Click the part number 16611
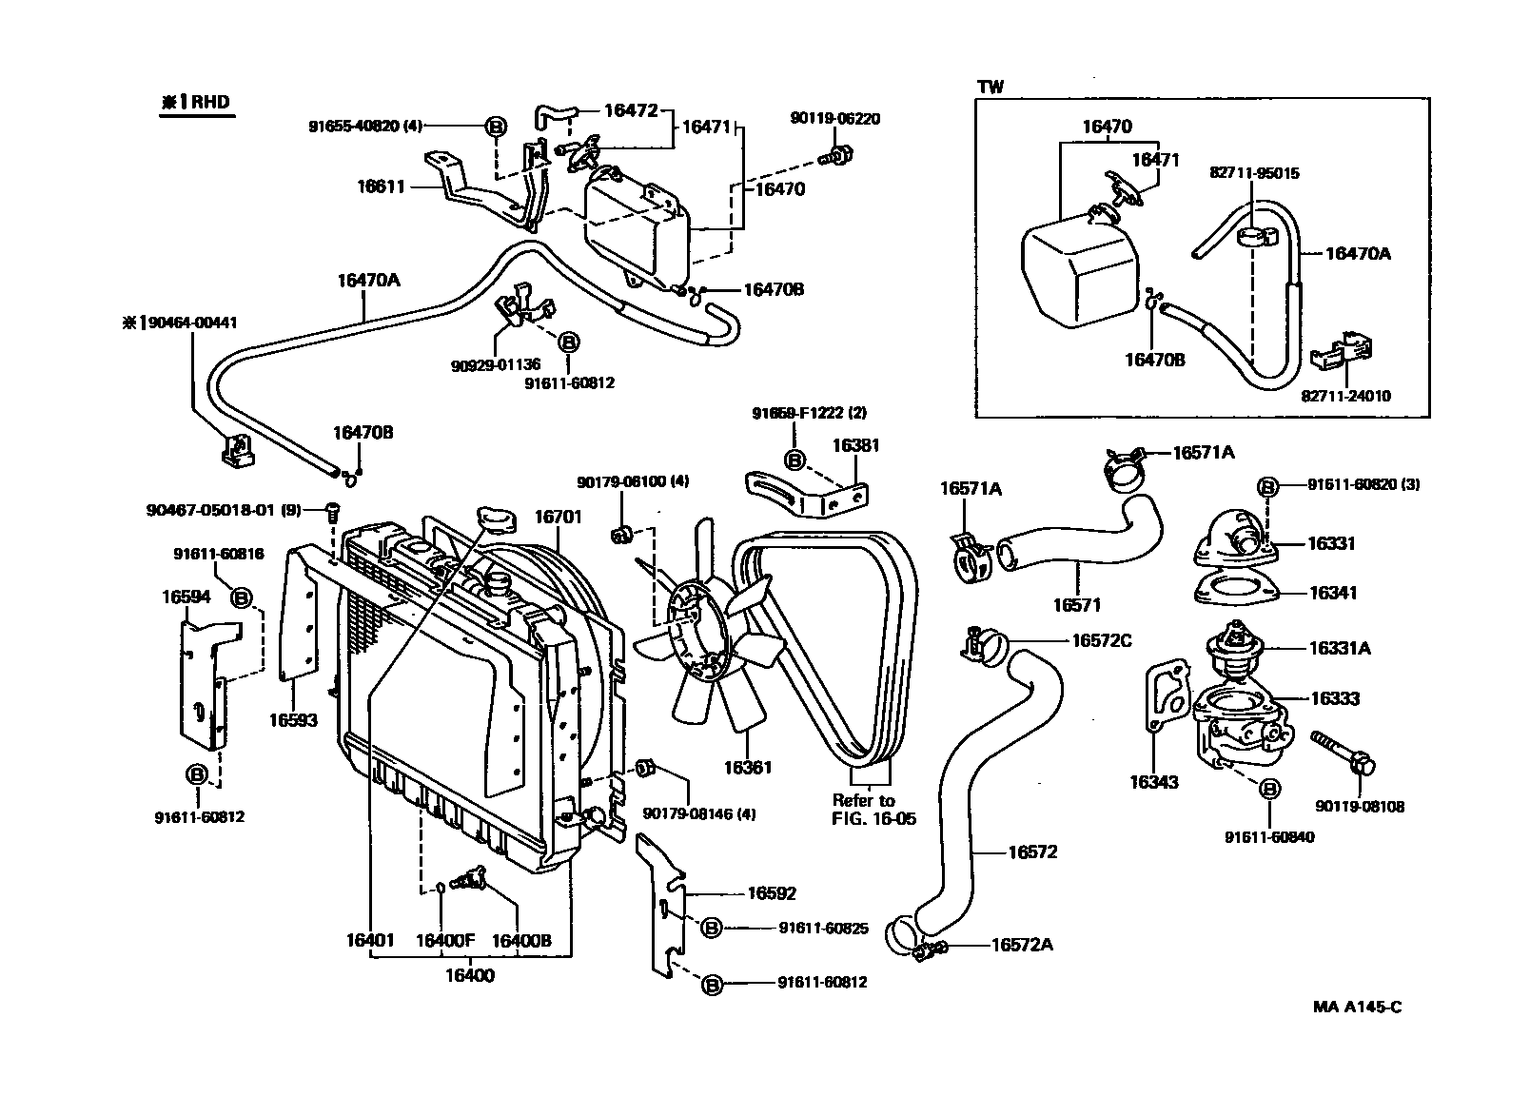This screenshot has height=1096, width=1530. point(381,186)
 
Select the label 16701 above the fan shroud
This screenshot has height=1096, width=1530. point(557,517)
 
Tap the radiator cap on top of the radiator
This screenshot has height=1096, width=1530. point(496,519)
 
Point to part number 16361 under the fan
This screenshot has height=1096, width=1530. point(747,767)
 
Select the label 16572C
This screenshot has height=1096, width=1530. point(1101,640)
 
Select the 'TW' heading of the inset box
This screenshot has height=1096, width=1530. point(991,87)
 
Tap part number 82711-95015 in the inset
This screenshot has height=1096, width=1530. point(1254,173)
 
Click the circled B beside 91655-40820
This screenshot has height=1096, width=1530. point(496,126)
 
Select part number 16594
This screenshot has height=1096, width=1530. point(186,597)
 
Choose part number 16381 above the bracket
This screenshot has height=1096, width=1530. point(856,444)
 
